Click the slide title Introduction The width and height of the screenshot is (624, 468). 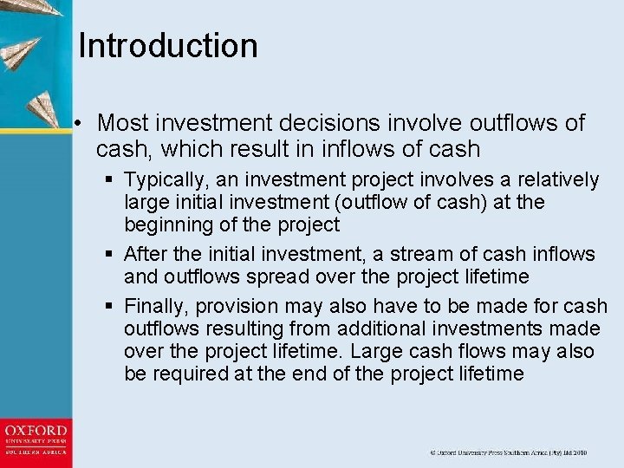click(x=168, y=46)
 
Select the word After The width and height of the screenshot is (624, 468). click(x=144, y=254)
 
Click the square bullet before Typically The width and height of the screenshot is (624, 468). click(x=109, y=180)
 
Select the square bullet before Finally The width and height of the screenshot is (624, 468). click(x=109, y=306)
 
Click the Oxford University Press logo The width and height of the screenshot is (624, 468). click(x=36, y=440)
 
